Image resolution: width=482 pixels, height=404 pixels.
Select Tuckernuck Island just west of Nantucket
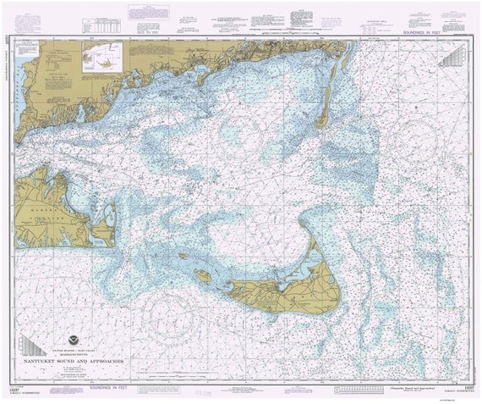203,275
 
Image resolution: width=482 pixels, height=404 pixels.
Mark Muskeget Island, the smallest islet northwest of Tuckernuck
183,255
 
